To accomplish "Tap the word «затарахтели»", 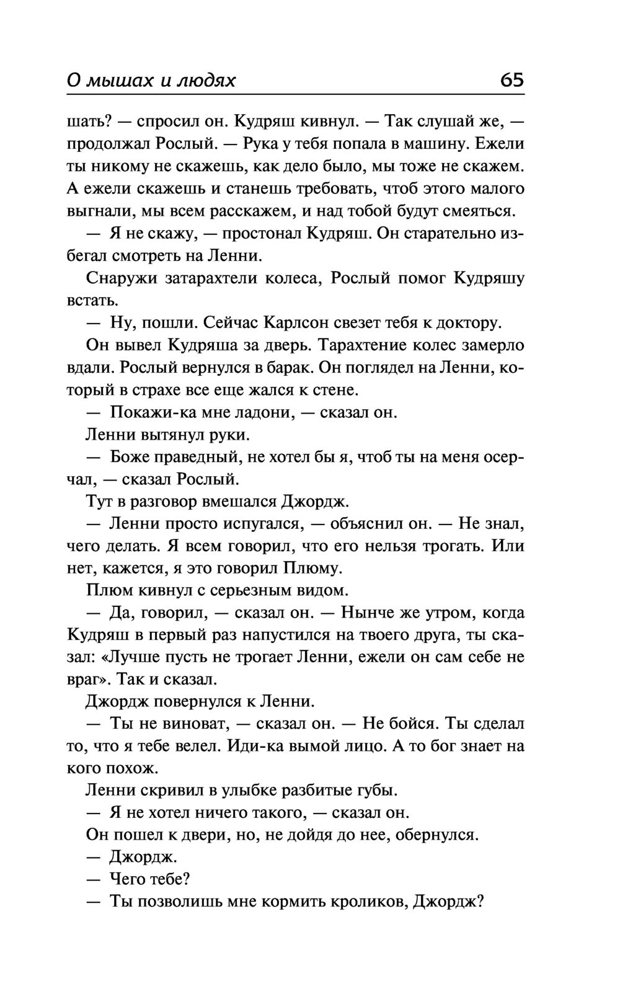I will [210, 278].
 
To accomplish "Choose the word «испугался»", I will [260, 524].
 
